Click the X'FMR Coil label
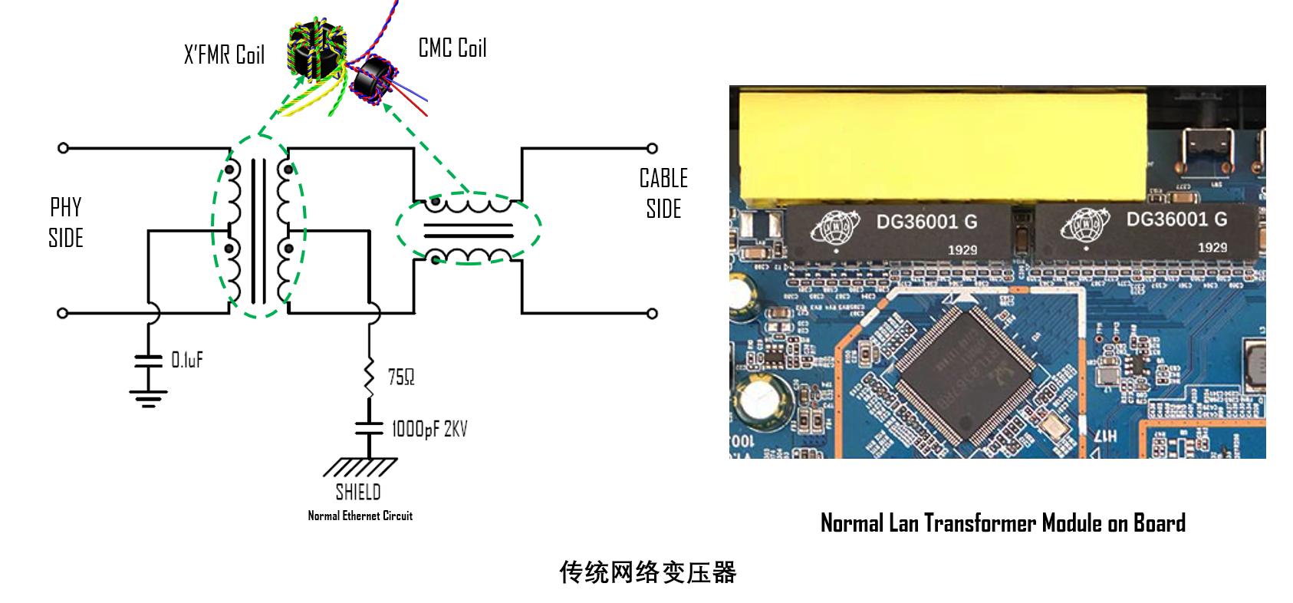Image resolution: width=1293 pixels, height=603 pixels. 224,55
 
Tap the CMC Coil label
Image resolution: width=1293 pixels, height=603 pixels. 452,48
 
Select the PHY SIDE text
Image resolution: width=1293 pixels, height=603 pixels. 65,222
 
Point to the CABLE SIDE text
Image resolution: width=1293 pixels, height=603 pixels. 663,193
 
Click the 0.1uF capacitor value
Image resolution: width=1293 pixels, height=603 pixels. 187,360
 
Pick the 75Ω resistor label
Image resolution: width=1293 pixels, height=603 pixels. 401,377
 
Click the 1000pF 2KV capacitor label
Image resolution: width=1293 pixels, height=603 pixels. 429,428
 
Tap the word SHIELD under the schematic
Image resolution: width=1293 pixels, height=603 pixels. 358,491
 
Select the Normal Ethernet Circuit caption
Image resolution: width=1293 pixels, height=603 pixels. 360,516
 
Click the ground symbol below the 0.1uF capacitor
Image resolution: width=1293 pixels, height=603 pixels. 148,397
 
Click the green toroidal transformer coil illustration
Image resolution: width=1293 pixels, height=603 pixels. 315,54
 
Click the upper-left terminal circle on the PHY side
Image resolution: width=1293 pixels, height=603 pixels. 63,147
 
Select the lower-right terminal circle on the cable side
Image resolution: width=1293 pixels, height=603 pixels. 652,313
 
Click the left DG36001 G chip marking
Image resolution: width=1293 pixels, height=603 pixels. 926,222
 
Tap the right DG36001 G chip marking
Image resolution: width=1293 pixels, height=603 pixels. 1176,219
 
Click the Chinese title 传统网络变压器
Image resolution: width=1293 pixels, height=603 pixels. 647,572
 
